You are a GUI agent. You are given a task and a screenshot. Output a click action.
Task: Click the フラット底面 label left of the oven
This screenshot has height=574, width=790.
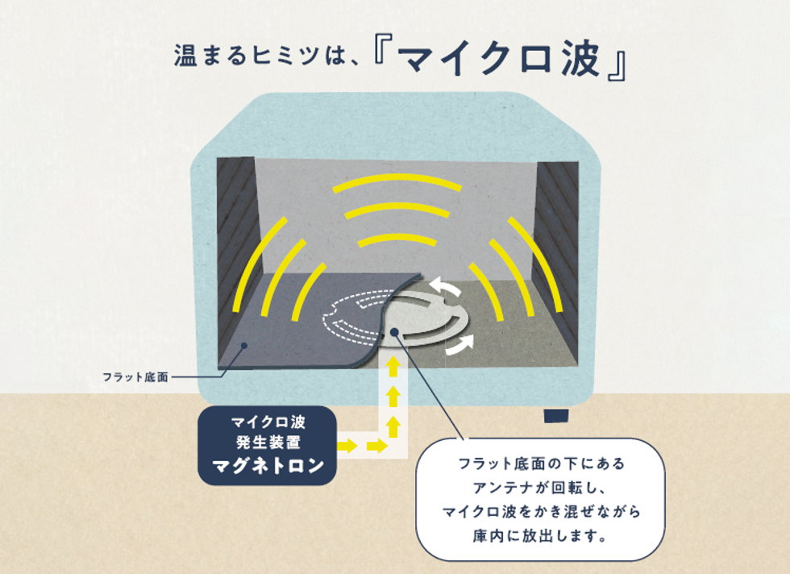[x=135, y=377]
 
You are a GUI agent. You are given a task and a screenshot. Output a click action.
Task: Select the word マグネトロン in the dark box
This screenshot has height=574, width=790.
[x=268, y=466]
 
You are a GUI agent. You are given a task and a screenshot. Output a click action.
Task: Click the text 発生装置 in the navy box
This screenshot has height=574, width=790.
[x=268, y=443]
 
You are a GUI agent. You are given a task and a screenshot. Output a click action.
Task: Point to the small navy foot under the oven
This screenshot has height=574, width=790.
[x=557, y=416]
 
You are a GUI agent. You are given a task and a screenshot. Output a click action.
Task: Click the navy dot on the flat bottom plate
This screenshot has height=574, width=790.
[x=243, y=346]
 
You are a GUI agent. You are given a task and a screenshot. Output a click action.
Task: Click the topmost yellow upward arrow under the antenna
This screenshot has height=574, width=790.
[x=394, y=367]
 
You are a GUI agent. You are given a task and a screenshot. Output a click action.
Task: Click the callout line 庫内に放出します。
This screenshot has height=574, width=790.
[x=539, y=535]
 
